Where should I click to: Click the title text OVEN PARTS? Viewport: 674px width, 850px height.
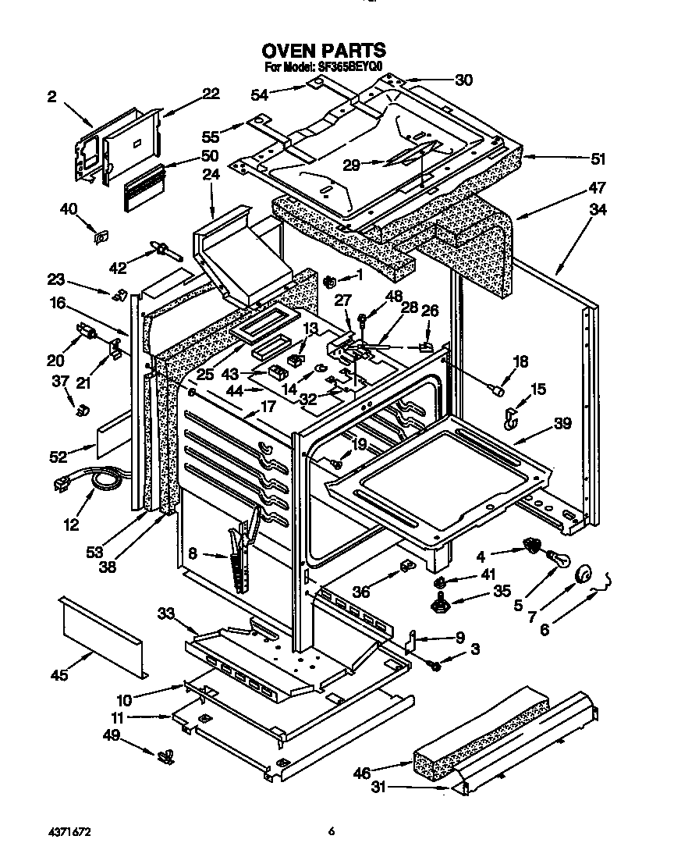click(x=323, y=52)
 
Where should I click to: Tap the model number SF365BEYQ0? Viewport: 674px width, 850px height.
click(x=350, y=68)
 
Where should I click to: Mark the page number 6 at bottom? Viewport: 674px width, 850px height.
click(x=332, y=832)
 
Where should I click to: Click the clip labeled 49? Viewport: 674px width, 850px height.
click(x=165, y=756)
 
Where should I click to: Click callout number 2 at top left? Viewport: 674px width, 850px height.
click(x=51, y=97)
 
